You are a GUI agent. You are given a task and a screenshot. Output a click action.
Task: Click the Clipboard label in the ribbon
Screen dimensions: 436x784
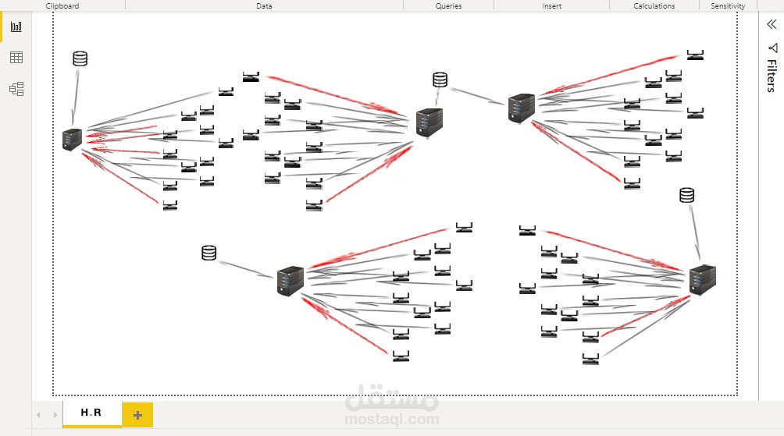point(62,5)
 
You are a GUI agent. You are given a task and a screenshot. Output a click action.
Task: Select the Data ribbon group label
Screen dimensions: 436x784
point(264,5)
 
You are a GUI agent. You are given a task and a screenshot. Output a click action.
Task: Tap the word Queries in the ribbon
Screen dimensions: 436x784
point(448,5)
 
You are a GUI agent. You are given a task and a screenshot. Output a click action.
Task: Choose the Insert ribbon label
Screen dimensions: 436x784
point(551,5)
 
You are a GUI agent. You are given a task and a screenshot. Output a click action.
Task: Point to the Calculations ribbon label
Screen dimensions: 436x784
point(654,5)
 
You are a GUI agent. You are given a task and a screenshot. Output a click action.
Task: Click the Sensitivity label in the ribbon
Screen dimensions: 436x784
point(728,5)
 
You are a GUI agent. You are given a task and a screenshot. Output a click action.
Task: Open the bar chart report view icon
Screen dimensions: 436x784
point(16,27)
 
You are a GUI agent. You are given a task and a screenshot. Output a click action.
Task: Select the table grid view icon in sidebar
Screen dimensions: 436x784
point(16,58)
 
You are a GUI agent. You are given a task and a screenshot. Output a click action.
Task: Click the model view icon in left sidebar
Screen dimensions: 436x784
point(16,89)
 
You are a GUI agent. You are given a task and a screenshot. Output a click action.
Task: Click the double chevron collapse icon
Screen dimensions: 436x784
point(772,24)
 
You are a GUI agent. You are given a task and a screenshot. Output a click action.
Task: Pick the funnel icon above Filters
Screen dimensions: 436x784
point(772,48)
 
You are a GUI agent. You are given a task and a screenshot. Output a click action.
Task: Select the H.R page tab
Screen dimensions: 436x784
point(91,413)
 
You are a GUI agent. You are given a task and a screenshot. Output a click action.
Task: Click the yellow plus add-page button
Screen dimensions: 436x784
point(137,415)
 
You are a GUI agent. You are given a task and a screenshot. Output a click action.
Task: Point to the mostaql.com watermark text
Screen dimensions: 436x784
point(391,419)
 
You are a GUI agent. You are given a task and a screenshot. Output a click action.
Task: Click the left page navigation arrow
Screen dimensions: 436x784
point(39,414)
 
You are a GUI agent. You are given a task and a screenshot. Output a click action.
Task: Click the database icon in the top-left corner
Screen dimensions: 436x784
point(80,58)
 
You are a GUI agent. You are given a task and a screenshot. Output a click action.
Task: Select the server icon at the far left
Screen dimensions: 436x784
point(72,140)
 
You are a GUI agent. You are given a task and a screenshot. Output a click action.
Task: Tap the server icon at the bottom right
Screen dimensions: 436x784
point(702,280)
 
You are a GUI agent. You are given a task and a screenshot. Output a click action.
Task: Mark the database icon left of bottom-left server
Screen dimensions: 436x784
point(208,253)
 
